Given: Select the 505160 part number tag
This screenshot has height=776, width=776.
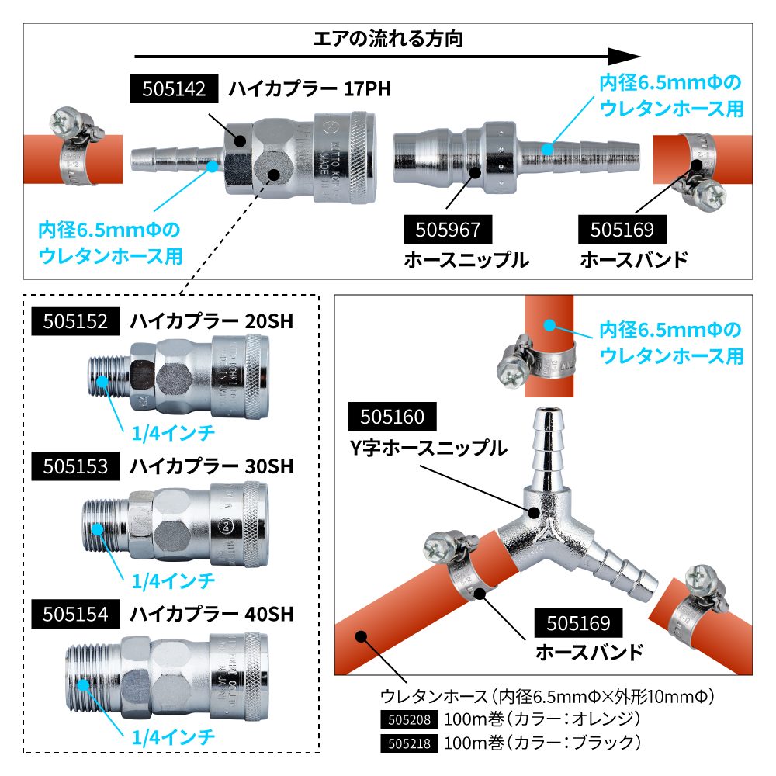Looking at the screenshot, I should pyautogui.click(x=393, y=417).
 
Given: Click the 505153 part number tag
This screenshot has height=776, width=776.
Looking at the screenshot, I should pyautogui.click(x=75, y=467).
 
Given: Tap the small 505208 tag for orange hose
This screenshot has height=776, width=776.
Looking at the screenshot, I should pyautogui.click(x=409, y=718).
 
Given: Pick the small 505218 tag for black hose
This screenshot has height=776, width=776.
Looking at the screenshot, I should pyautogui.click(x=409, y=743).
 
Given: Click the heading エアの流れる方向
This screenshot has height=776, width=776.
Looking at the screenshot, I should pyautogui.click(x=388, y=38).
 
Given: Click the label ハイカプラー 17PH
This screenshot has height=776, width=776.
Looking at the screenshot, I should pyautogui.click(x=310, y=89).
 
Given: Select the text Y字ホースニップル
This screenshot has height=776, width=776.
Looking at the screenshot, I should pyautogui.click(x=428, y=448).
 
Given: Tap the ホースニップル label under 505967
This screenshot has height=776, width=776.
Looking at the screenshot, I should pyautogui.click(x=466, y=260).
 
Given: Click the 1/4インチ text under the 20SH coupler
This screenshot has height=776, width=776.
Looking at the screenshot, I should pyautogui.click(x=172, y=432).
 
